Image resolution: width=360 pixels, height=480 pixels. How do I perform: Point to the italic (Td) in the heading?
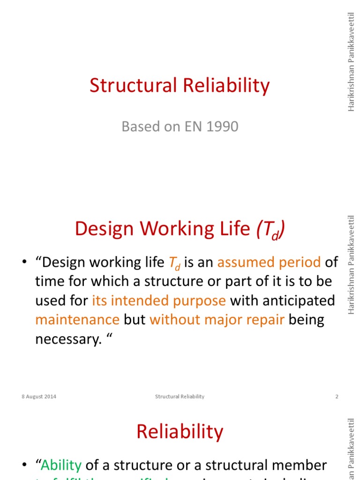coord(270,229)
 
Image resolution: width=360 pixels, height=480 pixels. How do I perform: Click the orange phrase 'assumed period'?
coord(269,262)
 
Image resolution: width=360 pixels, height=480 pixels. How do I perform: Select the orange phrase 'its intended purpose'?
coord(159,300)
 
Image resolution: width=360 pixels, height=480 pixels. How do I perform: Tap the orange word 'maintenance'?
coord(77,320)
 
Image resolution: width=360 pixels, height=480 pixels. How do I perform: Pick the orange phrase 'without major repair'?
coord(217,320)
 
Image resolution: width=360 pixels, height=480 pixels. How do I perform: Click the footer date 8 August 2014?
coord(39,397)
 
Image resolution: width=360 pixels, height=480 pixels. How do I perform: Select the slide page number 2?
coord(337,397)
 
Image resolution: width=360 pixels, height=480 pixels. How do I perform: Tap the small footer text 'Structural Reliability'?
coord(180,397)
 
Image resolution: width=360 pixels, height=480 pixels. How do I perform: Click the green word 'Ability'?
coord(61,465)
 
